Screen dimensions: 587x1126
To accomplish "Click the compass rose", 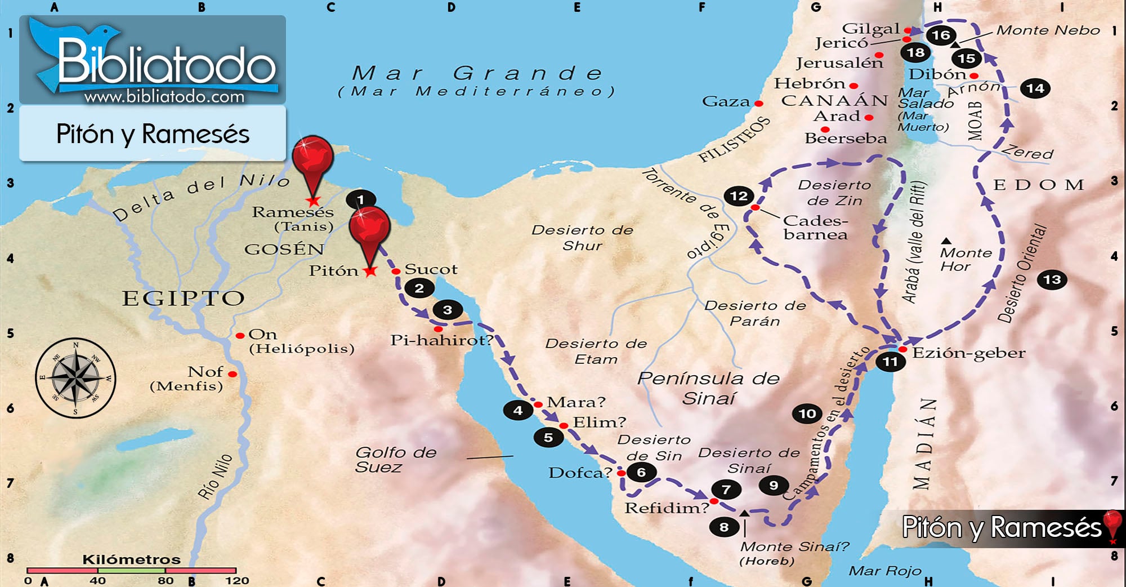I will (75, 378).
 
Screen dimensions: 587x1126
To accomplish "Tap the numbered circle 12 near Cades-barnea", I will (739, 196).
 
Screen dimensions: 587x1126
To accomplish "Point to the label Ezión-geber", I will (968, 353).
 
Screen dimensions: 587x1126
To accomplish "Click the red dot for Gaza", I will (759, 104).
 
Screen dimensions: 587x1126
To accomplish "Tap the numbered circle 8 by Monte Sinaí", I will (724, 527).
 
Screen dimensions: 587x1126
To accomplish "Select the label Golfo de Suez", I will (395, 460).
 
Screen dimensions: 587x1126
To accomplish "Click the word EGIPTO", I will (184, 298).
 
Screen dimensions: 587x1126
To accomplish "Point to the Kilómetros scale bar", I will (131, 571).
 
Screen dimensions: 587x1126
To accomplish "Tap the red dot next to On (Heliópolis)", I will (240, 336).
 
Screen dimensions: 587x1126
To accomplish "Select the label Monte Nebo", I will (1048, 30).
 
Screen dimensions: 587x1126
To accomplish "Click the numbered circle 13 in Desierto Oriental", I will (1052, 280).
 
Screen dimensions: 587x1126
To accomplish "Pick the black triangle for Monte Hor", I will (946, 241).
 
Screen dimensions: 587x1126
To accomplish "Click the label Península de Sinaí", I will (708, 388).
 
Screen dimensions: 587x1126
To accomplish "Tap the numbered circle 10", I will (807, 414).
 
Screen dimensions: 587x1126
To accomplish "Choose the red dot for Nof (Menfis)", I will (233, 374).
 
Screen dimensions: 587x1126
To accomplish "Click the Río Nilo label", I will (216, 477).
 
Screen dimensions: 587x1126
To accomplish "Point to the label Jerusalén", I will (839, 63).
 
